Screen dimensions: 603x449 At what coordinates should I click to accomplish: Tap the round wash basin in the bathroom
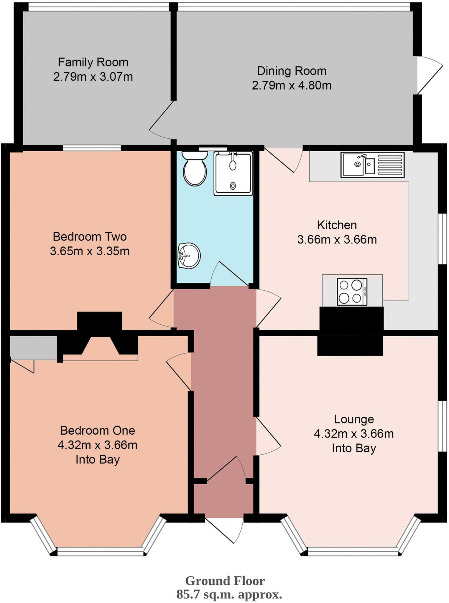pyautogui.click(x=189, y=255)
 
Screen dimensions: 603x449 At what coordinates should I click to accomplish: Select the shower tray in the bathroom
pyautogui.click(x=233, y=174)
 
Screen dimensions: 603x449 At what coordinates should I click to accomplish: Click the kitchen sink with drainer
pyautogui.click(x=372, y=165)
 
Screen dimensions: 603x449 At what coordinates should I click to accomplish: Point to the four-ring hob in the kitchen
pyautogui.click(x=352, y=292)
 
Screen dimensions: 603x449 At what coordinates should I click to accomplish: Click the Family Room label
pyautogui.click(x=93, y=62)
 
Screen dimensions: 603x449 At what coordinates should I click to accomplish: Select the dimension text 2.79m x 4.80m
pyautogui.click(x=291, y=85)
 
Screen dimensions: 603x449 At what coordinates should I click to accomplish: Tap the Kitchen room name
pyautogui.click(x=337, y=225)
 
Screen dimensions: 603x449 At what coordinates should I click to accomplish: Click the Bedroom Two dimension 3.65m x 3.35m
pyautogui.click(x=90, y=251)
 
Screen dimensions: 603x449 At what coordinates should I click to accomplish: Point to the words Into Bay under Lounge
pyautogui.click(x=354, y=448)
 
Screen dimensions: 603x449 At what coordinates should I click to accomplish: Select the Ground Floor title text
pyautogui.click(x=225, y=581)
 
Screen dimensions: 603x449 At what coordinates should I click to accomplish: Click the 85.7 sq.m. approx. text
pyautogui.click(x=229, y=594)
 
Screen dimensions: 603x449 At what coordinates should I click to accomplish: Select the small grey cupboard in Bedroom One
pyautogui.click(x=33, y=348)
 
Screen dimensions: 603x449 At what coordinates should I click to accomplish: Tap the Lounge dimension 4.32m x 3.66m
pyautogui.click(x=354, y=434)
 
